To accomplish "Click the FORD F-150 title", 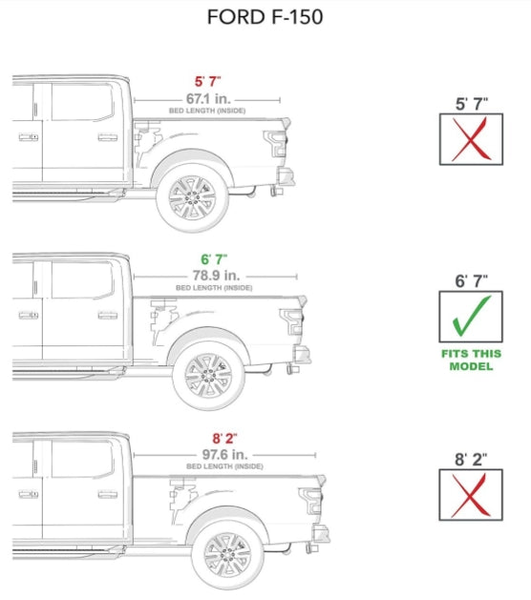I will coord(265,18).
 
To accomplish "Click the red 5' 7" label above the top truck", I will coord(206,82).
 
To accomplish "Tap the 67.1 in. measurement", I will coord(206,99).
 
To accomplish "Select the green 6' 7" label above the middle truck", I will coord(214,259).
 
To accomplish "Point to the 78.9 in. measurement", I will coord(214,276).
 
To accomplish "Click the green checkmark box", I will coord(466,318).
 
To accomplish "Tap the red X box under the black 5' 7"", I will coord(466,139).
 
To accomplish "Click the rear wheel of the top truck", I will coord(192,197).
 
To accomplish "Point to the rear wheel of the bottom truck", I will coord(227,554).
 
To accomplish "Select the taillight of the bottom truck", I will coord(310,503).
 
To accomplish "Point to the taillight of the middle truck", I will coord(292,322).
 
